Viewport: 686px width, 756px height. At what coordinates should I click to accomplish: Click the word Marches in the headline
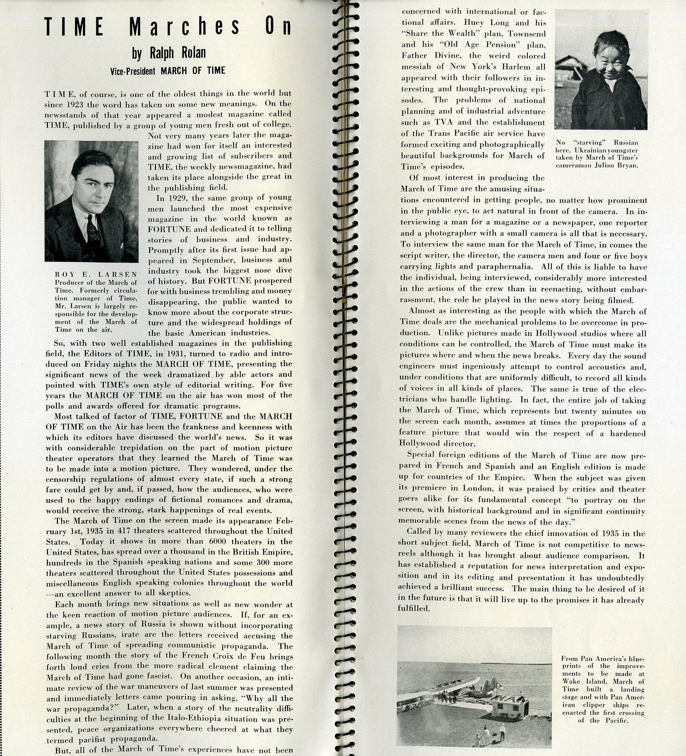tap(185, 28)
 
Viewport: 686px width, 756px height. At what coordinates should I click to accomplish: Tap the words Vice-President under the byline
tap(133, 71)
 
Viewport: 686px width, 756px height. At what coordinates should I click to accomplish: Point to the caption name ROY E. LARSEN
tap(96, 274)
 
